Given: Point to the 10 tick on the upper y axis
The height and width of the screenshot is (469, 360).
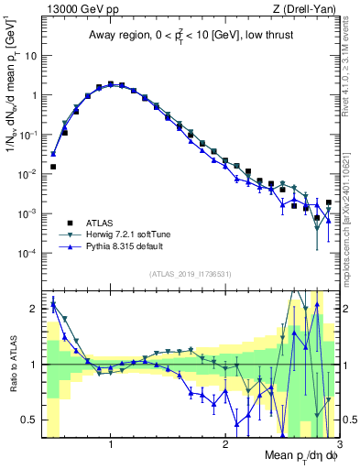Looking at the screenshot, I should pyautogui.click(x=30, y=55).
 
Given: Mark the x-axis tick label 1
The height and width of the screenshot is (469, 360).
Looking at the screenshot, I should pyautogui.click(x=111, y=444).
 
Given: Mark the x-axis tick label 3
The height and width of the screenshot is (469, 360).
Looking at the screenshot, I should pyautogui.click(x=339, y=444).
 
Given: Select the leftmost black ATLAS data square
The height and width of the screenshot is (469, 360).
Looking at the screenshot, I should pyautogui.click(x=53, y=167).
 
